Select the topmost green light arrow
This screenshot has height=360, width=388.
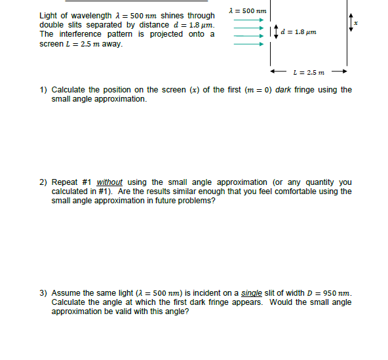[248, 20]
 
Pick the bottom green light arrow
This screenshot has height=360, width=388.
[248, 45]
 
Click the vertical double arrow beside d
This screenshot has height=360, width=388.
[276, 31]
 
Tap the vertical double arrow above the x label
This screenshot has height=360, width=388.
[351, 24]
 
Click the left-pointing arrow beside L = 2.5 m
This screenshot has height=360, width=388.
[277, 72]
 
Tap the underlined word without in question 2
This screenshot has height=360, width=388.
[109, 182]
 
